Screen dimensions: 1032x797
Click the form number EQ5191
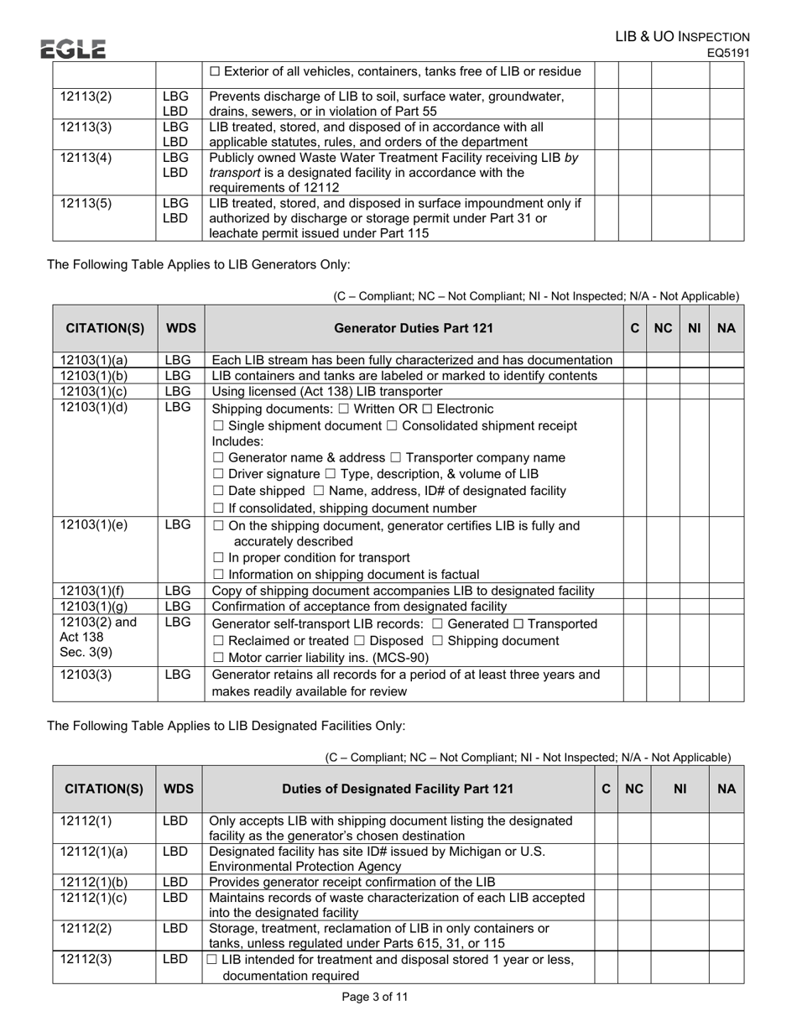[727, 53]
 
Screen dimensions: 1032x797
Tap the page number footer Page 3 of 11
[375, 997]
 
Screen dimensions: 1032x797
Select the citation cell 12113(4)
[86, 157]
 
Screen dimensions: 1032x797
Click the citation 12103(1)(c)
[94, 391]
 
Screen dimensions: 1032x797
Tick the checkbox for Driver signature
[217, 475]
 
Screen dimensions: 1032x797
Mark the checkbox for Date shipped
[217, 491]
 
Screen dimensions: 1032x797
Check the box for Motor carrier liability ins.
[217, 657]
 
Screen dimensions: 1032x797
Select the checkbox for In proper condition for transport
[217, 558]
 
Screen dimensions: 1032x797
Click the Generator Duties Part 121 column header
[414, 328]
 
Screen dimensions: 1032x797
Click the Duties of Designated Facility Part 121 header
[398, 789]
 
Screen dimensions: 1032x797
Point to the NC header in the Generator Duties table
[663, 328]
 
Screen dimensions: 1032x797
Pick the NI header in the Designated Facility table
[680, 789]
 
